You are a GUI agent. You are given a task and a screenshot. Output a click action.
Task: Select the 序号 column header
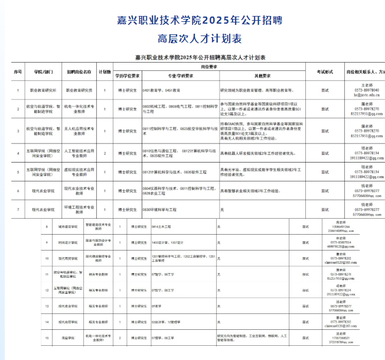[x=17, y=72]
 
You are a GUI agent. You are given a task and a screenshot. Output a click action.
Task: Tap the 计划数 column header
[x=105, y=72]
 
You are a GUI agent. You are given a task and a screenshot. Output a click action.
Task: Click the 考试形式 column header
[x=325, y=72]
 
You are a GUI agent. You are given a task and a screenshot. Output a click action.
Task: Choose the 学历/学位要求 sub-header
[x=128, y=76]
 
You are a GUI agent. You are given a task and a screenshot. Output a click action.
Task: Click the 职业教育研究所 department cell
[x=43, y=90]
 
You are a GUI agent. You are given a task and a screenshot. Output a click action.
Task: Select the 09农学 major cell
[x=156, y=306]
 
